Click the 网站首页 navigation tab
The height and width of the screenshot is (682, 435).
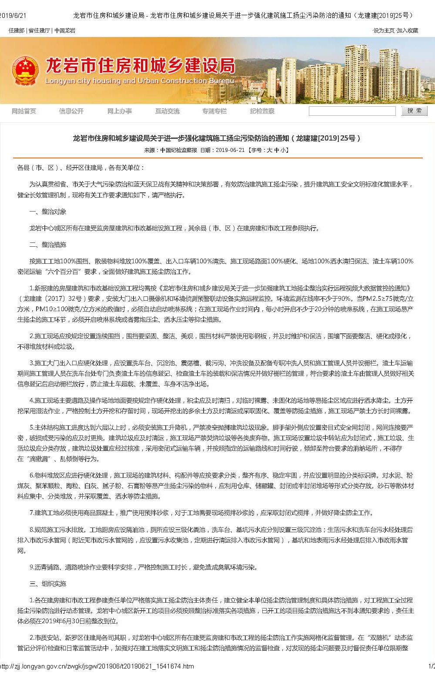click(x=24, y=111)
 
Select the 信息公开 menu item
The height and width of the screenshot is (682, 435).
click(x=71, y=111)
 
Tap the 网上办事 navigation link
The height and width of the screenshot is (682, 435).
click(x=120, y=111)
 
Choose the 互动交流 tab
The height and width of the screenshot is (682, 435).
click(x=167, y=111)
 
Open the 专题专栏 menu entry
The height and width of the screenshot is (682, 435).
click(x=214, y=111)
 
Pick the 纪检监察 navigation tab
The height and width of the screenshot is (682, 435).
click(x=262, y=111)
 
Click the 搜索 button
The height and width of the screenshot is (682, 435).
click(x=414, y=111)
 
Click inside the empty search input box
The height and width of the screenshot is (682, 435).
click(x=352, y=111)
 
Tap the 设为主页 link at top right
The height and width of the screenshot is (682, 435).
click(x=384, y=30)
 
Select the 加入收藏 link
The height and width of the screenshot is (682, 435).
click(x=408, y=30)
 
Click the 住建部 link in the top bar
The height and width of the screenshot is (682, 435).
click(x=17, y=30)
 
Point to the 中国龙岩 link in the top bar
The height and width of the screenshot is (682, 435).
click(x=65, y=30)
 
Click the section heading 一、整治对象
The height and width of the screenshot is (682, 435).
click(x=48, y=212)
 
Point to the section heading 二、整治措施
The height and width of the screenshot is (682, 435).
click(x=48, y=245)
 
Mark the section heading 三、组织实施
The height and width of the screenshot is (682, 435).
click(x=48, y=584)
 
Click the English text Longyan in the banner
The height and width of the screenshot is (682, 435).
click(x=58, y=81)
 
